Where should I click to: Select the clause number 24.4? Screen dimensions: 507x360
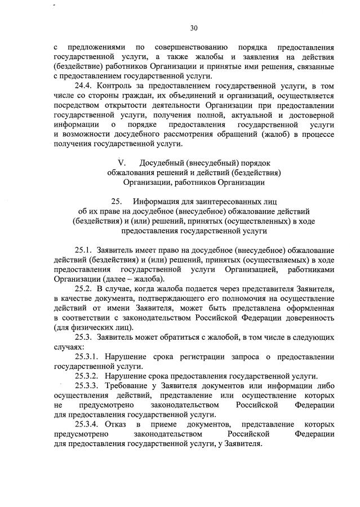(83, 86)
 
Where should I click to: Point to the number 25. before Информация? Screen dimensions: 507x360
(117, 201)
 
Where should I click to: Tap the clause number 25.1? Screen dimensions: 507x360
(83, 250)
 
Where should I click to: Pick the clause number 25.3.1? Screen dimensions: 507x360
(87, 357)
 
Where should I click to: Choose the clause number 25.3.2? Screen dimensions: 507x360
(87, 376)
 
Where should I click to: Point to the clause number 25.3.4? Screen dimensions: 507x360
(87, 424)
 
